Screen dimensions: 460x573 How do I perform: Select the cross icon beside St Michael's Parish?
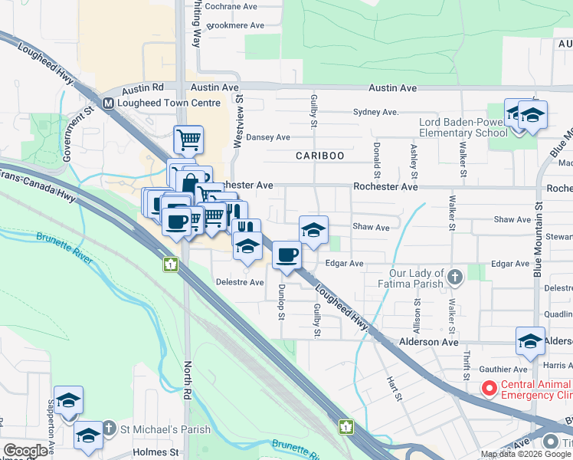pyautogui.click(x=110, y=429)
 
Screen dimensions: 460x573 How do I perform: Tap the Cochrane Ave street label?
pyautogui.click(x=232, y=6)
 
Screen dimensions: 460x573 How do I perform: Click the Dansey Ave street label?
pyautogui.click(x=267, y=137)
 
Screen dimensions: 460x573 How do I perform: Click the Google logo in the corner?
pyautogui.click(x=26, y=450)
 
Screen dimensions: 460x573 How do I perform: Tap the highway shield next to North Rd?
pyautogui.click(x=169, y=264)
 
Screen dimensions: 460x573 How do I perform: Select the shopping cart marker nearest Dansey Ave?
pyautogui.click(x=188, y=140)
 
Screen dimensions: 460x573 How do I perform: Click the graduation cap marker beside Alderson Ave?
pyautogui.click(x=530, y=341)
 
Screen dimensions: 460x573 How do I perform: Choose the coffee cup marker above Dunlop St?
pyautogui.click(x=286, y=255)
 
